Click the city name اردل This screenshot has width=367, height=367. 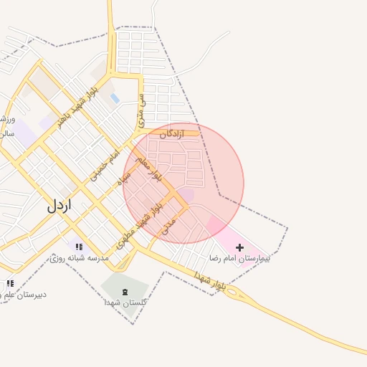pos(60,205)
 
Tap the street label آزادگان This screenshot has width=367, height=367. pos(172,134)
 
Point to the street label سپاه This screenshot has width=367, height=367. pos(125,177)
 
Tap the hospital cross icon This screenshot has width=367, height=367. pos(239,247)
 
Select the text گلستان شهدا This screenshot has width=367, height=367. pos(126,303)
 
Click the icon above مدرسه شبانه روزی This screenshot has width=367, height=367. pos(79,247)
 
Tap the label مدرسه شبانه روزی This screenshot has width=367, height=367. pos(80,257)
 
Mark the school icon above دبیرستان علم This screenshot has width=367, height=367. pos(10,284)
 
